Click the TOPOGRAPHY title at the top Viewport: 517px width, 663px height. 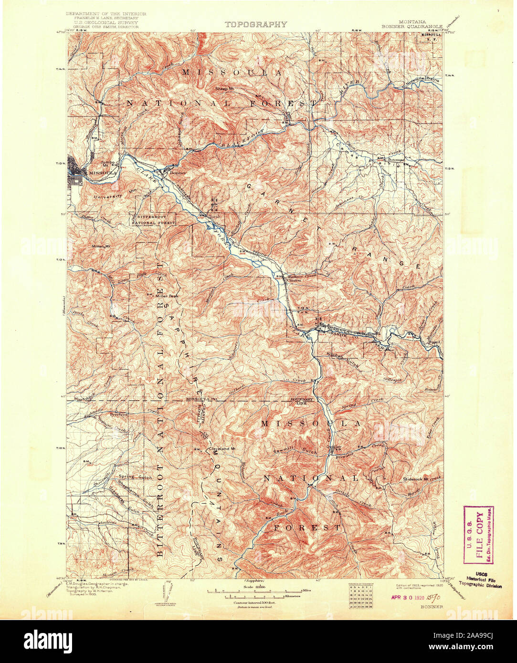click(x=256, y=24)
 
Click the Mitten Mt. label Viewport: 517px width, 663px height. click(x=100, y=246)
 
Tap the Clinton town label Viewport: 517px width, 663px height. click(x=292, y=280)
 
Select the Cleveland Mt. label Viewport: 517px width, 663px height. click(x=224, y=448)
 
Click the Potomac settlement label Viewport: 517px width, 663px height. click(x=395, y=159)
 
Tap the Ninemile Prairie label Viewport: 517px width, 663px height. click(x=422, y=81)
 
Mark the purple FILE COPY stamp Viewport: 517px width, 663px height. click(x=478, y=534)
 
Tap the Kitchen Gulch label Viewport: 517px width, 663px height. click(x=342, y=355)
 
